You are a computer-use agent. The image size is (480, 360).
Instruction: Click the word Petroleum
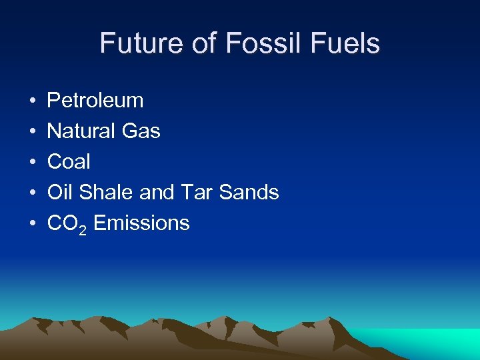(x=95, y=101)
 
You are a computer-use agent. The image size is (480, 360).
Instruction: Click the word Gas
(x=141, y=131)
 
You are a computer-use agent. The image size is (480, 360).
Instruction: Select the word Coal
(x=69, y=162)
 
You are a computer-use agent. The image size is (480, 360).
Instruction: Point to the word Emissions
(x=141, y=223)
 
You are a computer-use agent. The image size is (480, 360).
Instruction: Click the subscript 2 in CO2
(x=83, y=228)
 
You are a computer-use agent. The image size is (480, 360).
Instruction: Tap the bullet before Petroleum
(x=33, y=101)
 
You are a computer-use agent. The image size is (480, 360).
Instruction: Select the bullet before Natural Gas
(x=33, y=132)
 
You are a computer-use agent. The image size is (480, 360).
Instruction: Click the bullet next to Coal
(x=33, y=163)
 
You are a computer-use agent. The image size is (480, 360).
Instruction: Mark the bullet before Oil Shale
(x=33, y=193)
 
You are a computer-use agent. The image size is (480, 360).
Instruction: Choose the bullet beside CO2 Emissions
(x=33, y=224)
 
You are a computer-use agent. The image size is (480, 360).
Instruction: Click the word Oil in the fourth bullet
(x=61, y=193)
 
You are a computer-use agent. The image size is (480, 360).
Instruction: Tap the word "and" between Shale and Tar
(x=156, y=193)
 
